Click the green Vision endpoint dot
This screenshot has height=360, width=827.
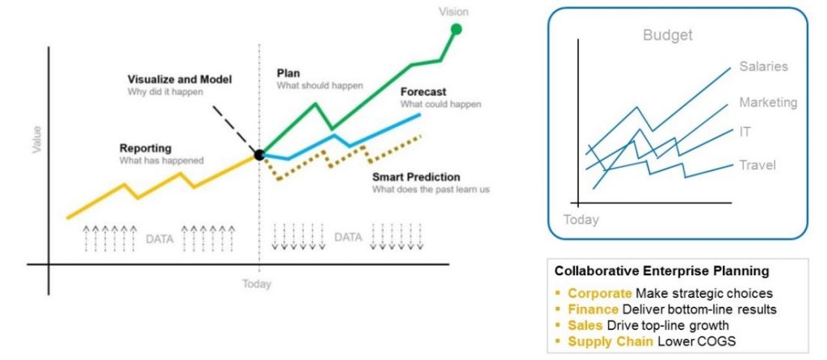pos(455,30)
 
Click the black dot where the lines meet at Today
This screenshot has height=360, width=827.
pos(259,154)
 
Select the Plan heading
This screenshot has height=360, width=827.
pos(288,73)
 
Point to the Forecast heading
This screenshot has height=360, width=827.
pos(423,92)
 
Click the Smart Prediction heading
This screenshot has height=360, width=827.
pos(416,177)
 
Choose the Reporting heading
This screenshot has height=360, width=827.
pos(145,148)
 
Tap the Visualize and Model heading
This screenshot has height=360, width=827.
pos(179,79)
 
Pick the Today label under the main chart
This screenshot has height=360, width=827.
pos(257,284)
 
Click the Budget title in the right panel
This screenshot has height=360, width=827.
pos(667,36)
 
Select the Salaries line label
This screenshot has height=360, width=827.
pos(763,67)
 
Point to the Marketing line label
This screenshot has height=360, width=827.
pos(768,103)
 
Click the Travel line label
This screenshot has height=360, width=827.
pos(758,165)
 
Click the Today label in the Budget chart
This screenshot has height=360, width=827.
pos(581,219)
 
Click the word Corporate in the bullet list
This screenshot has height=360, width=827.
pos(599,293)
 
